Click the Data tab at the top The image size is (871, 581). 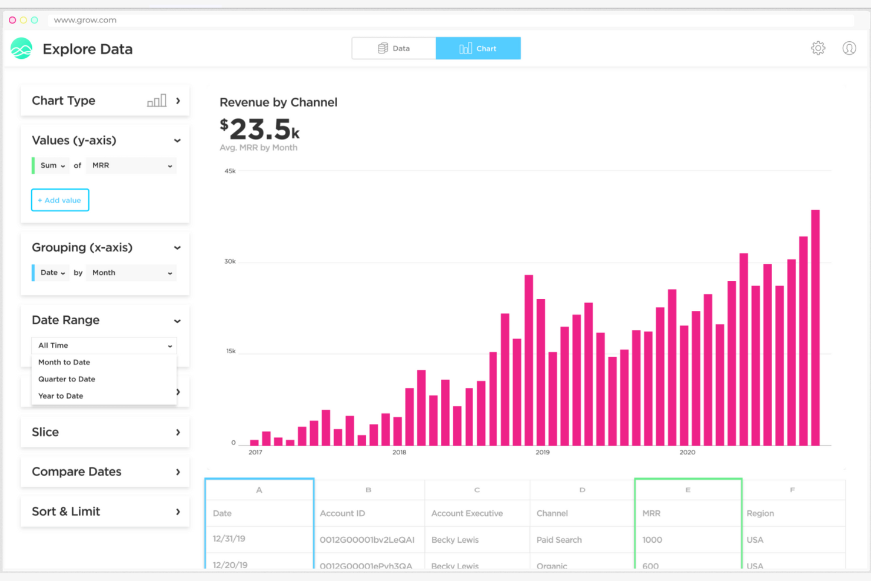pyautogui.click(x=394, y=48)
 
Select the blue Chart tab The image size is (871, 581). pyautogui.click(x=478, y=48)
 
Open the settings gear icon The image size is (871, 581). pyautogui.click(x=818, y=48)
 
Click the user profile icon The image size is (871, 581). pyautogui.click(x=849, y=48)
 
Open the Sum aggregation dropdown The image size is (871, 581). pyautogui.click(x=52, y=165)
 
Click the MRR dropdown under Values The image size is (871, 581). pyautogui.click(x=131, y=165)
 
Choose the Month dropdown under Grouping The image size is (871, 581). pyautogui.click(x=131, y=273)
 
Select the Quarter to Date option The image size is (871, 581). pyautogui.click(x=67, y=379)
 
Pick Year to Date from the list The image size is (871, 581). pyautogui.click(x=61, y=396)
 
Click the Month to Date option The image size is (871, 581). pyautogui.click(x=64, y=362)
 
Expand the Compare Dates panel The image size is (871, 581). pyautogui.click(x=105, y=472)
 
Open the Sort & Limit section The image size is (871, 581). pyautogui.click(x=105, y=512)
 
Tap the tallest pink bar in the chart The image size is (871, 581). pyautogui.click(x=815, y=330)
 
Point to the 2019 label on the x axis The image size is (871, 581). pyautogui.click(x=542, y=452)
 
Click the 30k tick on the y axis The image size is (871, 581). pyautogui.click(x=230, y=261)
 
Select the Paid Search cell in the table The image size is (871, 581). pyautogui.click(x=559, y=540)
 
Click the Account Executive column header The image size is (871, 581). pyautogui.click(x=467, y=513)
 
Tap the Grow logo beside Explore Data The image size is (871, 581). pyautogui.click(x=22, y=49)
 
